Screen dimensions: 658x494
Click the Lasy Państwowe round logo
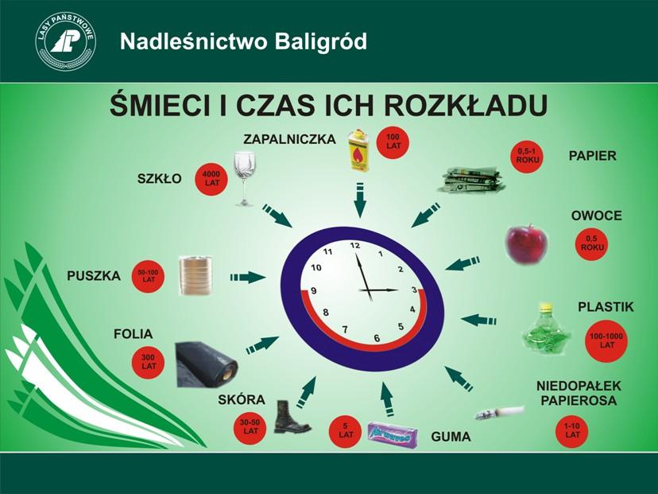tap(65, 41)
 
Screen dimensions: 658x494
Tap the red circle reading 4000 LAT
tap(212, 177)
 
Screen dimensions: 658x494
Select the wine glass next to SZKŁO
tap(245, 178)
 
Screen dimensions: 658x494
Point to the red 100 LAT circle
tap(393, 142)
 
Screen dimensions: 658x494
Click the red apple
tap(527, 244)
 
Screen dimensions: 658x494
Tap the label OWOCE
tap(596, 216)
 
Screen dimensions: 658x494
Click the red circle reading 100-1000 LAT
tap(606, 340)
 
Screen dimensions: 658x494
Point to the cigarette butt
tap(500, 412)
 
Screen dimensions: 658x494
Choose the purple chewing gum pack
tap(393, 434)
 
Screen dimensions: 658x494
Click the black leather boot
tap(291, 417)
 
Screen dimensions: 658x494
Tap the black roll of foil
tap(207, 364)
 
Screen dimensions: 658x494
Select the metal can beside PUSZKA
tap(195, 275)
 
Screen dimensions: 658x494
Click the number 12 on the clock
tap(355, 245)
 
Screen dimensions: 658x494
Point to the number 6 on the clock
tap(377, 338)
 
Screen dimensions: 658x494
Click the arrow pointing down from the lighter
tap(360, 200)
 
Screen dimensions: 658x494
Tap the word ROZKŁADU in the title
tap(466, 105)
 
